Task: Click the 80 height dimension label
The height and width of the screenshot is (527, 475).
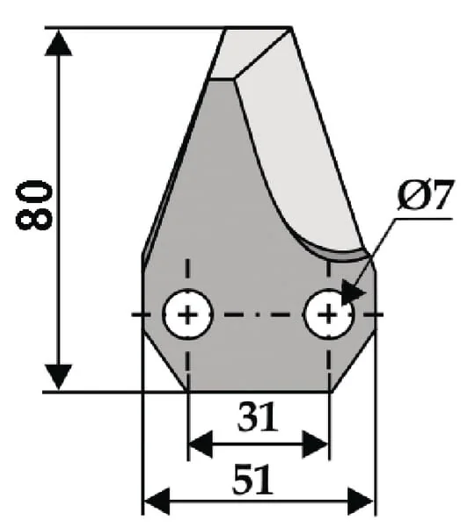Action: pos(34,205)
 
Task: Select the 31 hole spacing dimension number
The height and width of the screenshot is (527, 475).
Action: pos(259,417)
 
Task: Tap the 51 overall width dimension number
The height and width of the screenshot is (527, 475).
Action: pos(252,480)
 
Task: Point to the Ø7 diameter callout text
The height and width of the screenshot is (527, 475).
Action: pos(425,195)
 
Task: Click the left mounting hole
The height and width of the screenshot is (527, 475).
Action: pos(187,314)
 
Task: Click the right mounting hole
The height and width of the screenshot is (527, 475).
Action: pos(329,314)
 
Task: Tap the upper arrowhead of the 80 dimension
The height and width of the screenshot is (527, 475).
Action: pos(58,42)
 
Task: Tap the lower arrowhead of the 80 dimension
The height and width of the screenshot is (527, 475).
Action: pos(58,378)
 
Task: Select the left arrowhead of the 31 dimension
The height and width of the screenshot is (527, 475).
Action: pos(201,444)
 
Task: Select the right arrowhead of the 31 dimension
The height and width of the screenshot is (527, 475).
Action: pos(315,444)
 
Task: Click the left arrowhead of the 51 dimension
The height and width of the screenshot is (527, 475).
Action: pos(157,502)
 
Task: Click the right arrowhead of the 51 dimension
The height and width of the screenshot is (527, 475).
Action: pos(360,502)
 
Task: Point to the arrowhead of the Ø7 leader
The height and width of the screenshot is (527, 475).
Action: pos(353,292)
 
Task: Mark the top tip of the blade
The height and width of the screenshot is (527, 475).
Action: pos(290,27)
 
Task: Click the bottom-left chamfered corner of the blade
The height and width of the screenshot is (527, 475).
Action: pos(165,359)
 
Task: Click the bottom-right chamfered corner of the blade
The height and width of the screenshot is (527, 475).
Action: pos(354,359)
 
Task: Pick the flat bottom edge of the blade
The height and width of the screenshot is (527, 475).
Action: pos(259,391)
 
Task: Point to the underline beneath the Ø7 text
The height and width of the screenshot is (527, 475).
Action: pos(424,219)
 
